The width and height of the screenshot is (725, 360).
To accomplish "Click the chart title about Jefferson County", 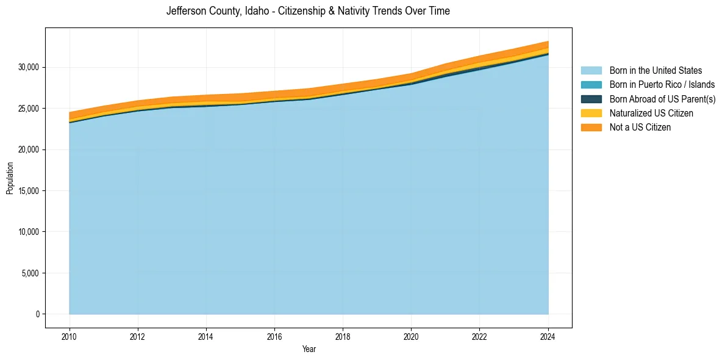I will [x=308, y=11].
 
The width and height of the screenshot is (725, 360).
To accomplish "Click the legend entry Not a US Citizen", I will [x=640, y=128].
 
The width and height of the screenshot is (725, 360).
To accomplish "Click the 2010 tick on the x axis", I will [x=70, y=336].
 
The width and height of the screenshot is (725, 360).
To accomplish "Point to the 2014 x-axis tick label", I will [x=206, y=336].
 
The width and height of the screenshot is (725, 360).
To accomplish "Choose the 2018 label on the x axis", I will [x=343, y=336].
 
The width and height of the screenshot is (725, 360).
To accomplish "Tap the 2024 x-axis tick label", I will [x=548, y=336].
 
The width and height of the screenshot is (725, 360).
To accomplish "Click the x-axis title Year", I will [x=309, y=350].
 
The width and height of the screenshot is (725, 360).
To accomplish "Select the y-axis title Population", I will [x=10, y=178].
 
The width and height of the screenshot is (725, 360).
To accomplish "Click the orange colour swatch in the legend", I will [x=591, y=128].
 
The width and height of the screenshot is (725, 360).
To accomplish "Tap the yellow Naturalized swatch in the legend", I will [x=591, y=113].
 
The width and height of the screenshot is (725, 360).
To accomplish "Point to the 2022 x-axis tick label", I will [x=480, y=336].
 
